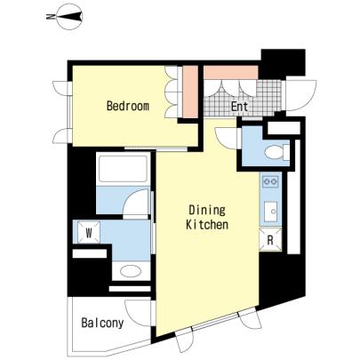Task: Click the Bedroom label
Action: pos(128,106)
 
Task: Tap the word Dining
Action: pos(207,211)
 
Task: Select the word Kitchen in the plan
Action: pos(207,225)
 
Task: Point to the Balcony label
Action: pos(102,323)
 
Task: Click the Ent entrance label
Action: pos(239,107)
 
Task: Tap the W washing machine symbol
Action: pos(89,233)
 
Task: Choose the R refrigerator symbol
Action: pos(270,240)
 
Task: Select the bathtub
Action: pos(123,168)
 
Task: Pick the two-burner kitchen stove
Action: pos(271,181)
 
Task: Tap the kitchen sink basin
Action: pos(270,212)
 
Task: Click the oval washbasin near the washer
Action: pos(131,271)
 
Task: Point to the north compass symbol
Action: pos(69,17)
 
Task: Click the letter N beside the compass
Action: pos(50,17)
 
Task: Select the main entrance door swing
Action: pos(300,95)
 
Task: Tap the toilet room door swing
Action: pos(226,139)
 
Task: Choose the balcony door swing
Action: pos(139,313)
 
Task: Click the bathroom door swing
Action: pos(136,202)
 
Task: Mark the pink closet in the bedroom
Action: pos(190,92)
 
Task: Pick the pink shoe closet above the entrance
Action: pos(231,73)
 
